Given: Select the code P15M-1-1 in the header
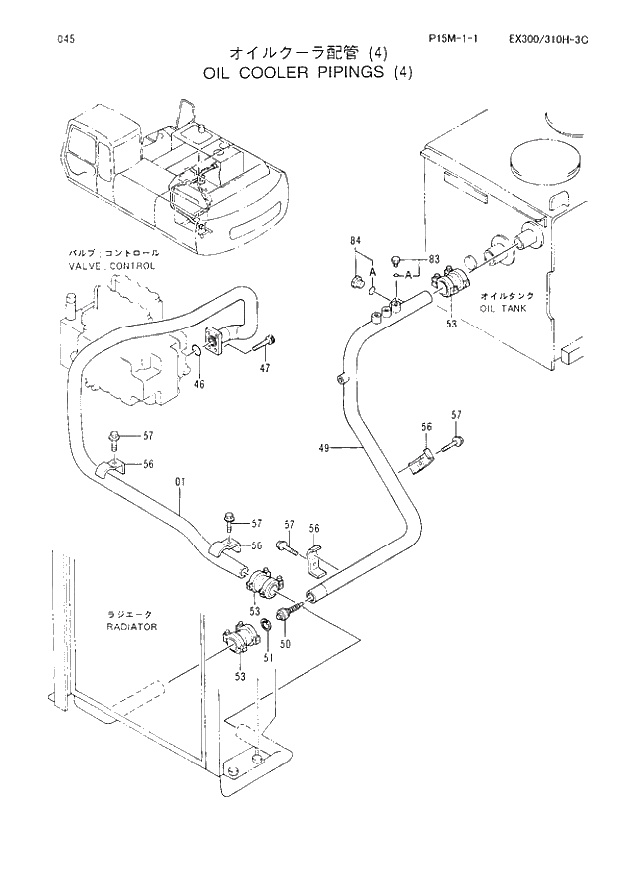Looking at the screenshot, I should click(x=453, y=39).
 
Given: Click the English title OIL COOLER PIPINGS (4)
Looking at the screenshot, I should click(x=308, y=72).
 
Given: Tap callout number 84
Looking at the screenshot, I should click(x=355, y=241).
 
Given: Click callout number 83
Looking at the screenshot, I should click(x=433, y=259).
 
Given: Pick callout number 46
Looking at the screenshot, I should click(x=199, y=384).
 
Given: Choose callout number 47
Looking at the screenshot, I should click(x=265, y=369).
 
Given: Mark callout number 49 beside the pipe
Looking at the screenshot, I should click(x=324, y=449).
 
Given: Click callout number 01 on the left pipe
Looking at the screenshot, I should click(x=180, y=484).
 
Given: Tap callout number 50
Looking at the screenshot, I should click(x=285, y=645).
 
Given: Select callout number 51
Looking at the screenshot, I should click(x=266, y=657).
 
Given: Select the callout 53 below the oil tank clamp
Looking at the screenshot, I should click(x=451, y=324).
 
